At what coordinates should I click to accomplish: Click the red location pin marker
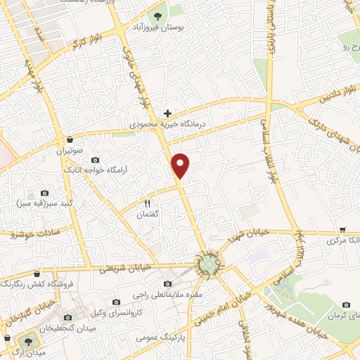(181, 165)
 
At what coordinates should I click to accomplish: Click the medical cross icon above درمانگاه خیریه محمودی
(167, 112)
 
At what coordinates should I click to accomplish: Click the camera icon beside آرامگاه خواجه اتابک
(96, 160)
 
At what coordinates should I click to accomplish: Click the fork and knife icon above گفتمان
(147, 203)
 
